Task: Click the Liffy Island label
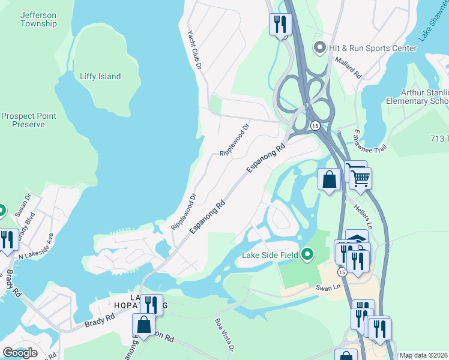coord(100,76)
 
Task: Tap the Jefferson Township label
coord(38,19)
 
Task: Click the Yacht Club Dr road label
coord(194,53)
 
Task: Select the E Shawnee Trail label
coord(366,139)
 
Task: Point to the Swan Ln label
coord(328,287)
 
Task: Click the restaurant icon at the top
coord(280,25)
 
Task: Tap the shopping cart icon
coord(360,177)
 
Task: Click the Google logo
coord(20,353)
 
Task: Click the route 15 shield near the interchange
coord(315,125)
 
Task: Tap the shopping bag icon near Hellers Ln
coord(330,179)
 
